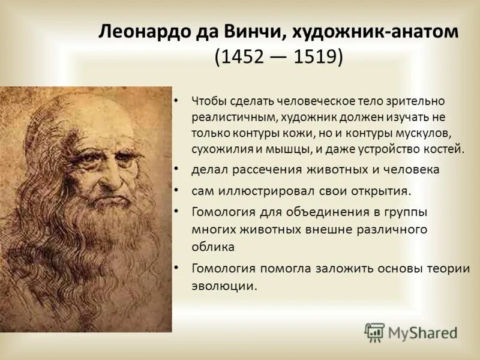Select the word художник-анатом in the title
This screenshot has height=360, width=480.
pos(380,31)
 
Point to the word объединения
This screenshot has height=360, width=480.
pos(314,212)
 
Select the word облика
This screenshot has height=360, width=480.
pos(212,245)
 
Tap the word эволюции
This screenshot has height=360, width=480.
pos(224,286)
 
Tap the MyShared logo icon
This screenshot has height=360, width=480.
pos(374,332)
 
